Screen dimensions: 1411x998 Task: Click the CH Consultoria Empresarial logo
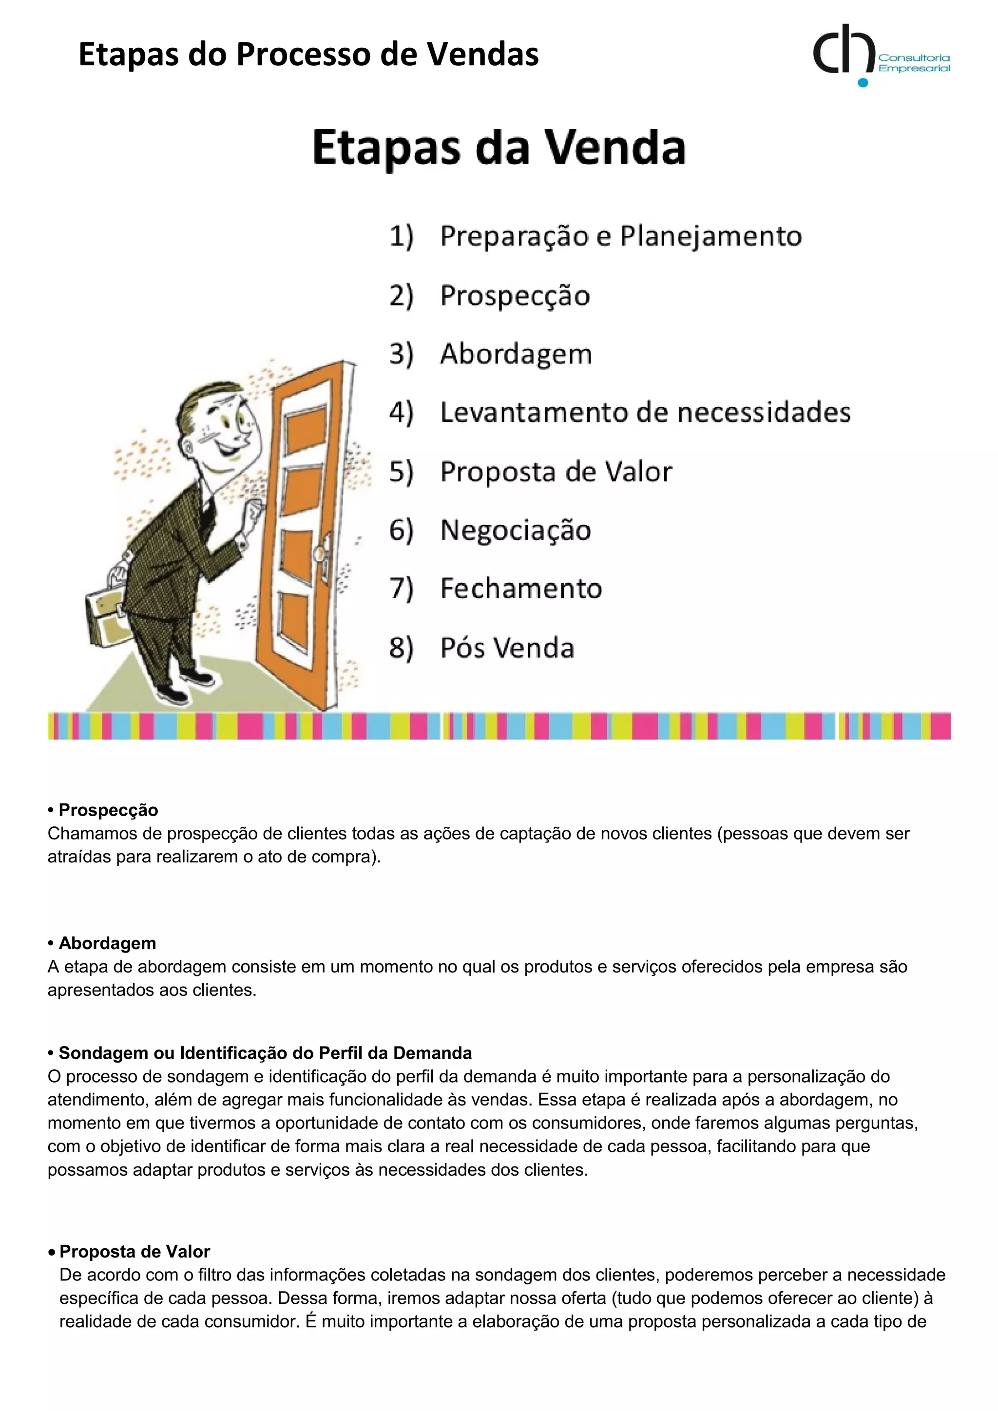(880, 56)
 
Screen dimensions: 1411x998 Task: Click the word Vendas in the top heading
(483, 54)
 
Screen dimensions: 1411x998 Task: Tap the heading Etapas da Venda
(499, 148)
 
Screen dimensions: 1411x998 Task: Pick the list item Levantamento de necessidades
(645, 412)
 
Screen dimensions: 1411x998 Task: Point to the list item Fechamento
(521, 589)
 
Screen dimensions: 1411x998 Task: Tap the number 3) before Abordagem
(401, 354)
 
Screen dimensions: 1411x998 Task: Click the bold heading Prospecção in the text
(108, 810)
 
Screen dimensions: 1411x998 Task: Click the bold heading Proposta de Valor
(134, 1252)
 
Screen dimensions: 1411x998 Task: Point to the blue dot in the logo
(863, 82)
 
